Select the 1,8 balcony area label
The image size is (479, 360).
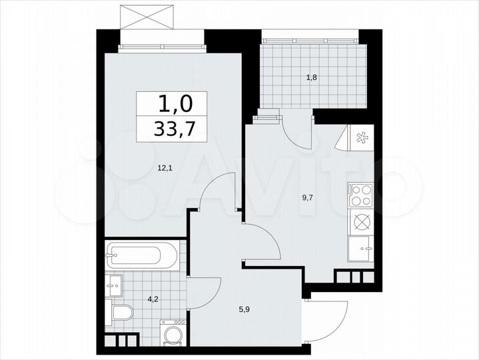[x=311, y=77]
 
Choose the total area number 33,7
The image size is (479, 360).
[x=175, y=129]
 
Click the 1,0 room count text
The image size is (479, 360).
[x=175, y=103]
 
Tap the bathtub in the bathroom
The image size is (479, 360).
[x=142, y=254]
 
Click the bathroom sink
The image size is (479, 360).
[x=114, y=287]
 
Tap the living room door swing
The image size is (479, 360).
[x=219, y=193]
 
